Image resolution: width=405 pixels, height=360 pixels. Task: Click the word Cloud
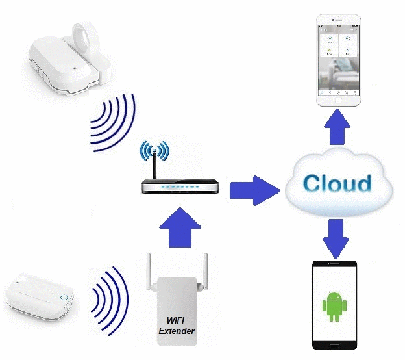click(x=337, y=183)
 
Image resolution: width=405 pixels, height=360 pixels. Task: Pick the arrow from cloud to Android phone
click(x=335, y=238)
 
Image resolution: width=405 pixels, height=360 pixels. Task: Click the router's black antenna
click(x=155, y=165)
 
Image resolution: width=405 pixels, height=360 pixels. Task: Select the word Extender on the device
click(x=177, y=331)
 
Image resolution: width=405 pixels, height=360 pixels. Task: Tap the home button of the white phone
click(x=338, y=103)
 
